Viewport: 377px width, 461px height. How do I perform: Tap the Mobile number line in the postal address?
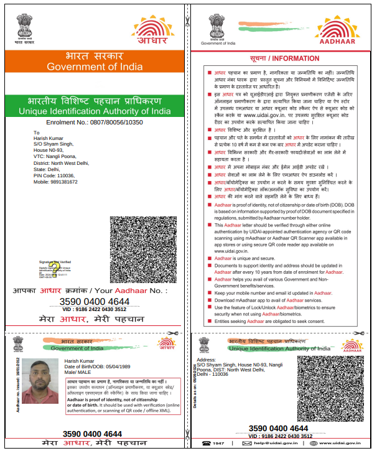pos(56,182)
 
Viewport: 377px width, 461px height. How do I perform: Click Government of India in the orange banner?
pos(95,67)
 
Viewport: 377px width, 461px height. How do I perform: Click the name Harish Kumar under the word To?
pos(49,137)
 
